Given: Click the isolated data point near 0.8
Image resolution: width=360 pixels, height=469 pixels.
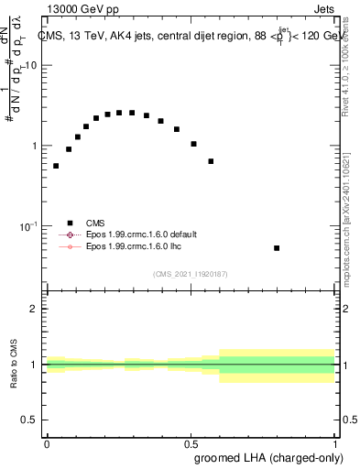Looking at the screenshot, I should [x=277, y=248].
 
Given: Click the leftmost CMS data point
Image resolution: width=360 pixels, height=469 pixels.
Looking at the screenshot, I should [x=56, y=166].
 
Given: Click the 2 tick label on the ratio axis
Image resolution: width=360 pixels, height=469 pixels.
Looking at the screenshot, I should [x=34, y=309].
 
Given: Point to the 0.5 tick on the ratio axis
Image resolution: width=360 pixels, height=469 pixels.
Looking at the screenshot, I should [x=30, y=420].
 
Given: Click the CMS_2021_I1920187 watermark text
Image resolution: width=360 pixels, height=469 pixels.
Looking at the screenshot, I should [x=191, y=274].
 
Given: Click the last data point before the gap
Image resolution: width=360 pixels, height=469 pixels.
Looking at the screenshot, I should [x=211, y=161].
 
